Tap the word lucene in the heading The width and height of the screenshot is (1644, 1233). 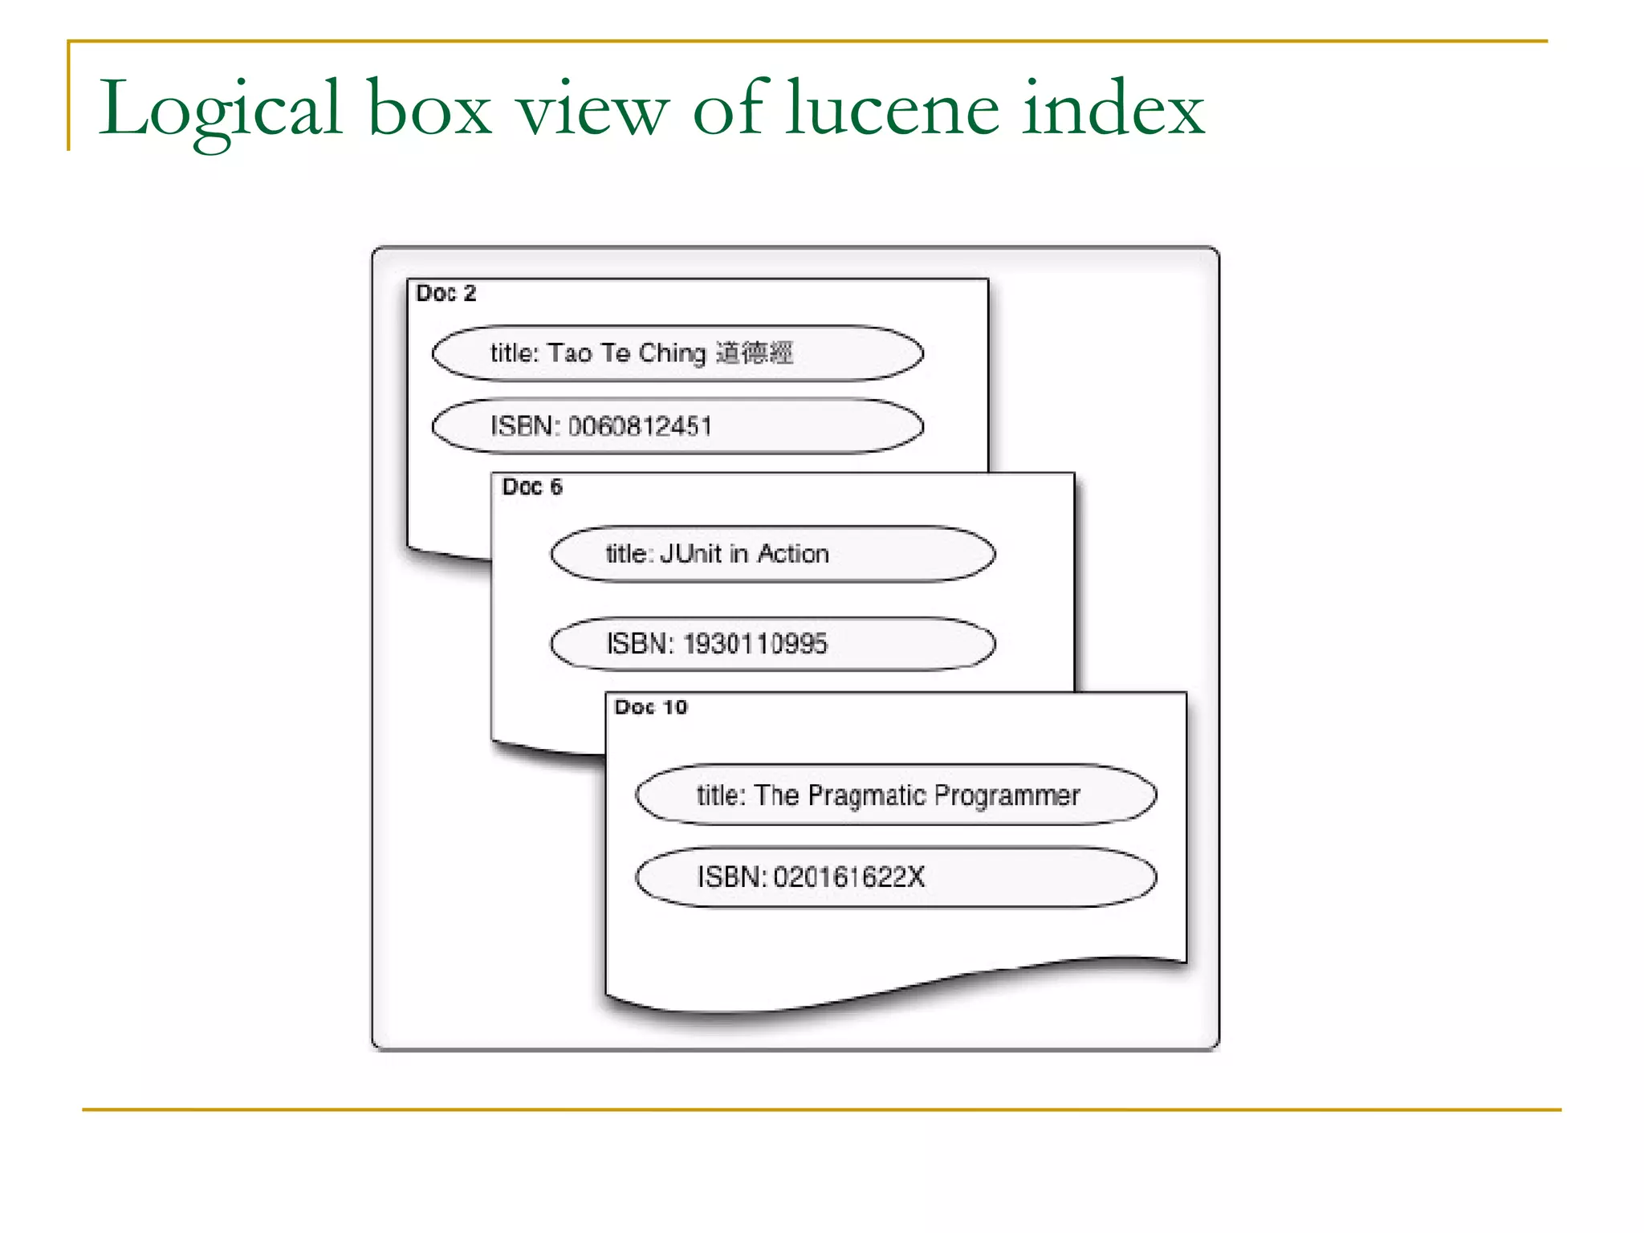[x=892, y=108]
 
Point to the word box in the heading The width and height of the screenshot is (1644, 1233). [x=429, y=108]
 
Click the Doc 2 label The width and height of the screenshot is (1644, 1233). [x=446, y=294]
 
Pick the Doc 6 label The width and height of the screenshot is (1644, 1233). [x=532, y=487]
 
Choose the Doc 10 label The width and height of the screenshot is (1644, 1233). [x=651, y=707]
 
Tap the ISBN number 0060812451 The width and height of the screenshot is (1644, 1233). [x=640, y=426]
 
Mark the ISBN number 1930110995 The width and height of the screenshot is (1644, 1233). [x=755, y=644]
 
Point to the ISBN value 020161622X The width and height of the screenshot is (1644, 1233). [x=848, y=877]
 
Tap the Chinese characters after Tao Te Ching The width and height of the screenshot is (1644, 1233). [x=754, y=353]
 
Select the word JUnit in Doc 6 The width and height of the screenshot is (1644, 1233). [x=690, y=554]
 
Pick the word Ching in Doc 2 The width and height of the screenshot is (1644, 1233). [x=672, y=353]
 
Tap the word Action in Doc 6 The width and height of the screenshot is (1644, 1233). [x=793, y=554]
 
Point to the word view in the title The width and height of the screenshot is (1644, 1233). [x=592, y=108]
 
